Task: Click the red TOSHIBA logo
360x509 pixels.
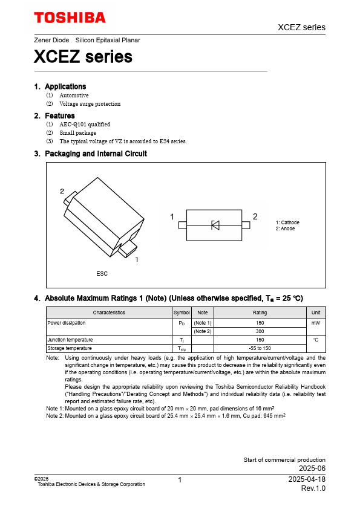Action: click(x=70, y=18)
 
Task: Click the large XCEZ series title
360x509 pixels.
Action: click(x=83, y=57)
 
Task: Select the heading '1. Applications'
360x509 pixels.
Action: click(x=60, y=86)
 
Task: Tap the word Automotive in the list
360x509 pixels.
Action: click(x=74, y=96)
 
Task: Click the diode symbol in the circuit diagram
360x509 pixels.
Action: click(x=215, y=225)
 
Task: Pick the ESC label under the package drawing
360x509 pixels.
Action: click(x=102, y=274)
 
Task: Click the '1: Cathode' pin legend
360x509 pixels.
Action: click(x=287, y=222)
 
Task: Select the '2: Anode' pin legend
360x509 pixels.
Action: click(x=286, y=229)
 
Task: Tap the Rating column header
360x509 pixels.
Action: click(x=260, y=313)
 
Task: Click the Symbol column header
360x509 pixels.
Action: click(x=182, y=313)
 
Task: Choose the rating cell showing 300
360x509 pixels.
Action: click(x=260, y=331)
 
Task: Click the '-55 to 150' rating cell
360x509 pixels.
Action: click(x=260, y=348)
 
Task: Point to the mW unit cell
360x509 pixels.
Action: click(x=315, y=323)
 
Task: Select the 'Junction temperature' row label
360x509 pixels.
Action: click(x=70, y=340)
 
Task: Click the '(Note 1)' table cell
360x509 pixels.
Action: click(x=203, y=323)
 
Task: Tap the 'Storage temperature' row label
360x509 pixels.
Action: click(x=70, y=348)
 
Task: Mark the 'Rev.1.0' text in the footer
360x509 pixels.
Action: click(x=313, y=488)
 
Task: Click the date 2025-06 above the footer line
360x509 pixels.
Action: click(x=312, y=468)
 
